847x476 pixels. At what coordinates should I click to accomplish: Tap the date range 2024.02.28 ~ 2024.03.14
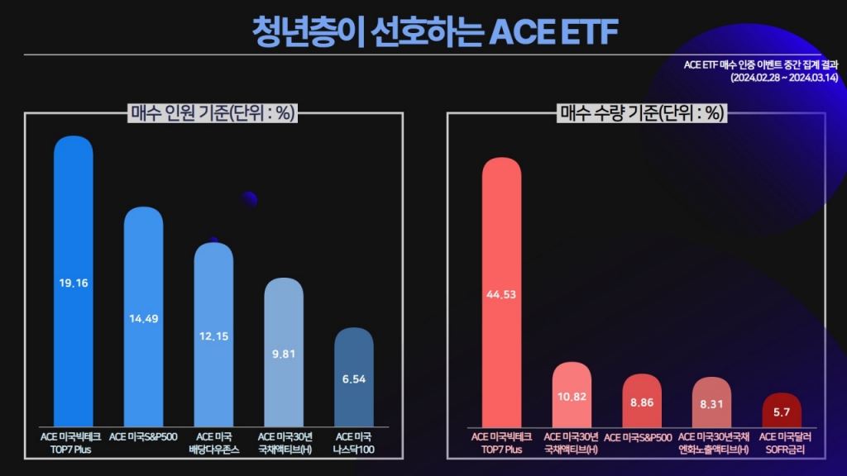pos(784,78)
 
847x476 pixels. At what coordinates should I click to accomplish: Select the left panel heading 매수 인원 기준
pos(213,113)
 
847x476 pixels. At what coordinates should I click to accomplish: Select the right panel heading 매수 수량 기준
pos(642,113)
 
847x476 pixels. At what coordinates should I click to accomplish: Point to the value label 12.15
pos(213,336)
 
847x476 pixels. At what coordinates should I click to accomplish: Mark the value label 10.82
pos(572,396)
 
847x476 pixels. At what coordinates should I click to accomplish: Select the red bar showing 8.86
pos(642,402)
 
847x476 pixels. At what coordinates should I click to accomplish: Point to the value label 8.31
pos(712,404)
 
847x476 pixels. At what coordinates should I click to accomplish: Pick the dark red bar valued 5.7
pos(782,411)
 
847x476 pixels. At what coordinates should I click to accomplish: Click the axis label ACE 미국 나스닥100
pos(353,442)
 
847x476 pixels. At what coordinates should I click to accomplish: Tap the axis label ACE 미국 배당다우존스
pos(213,442)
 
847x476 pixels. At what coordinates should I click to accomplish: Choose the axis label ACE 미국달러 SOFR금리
pos(782,442)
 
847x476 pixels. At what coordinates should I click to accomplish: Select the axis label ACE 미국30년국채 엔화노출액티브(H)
pos(712,442)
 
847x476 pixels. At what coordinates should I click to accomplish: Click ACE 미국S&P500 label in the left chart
pos(144,436)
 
